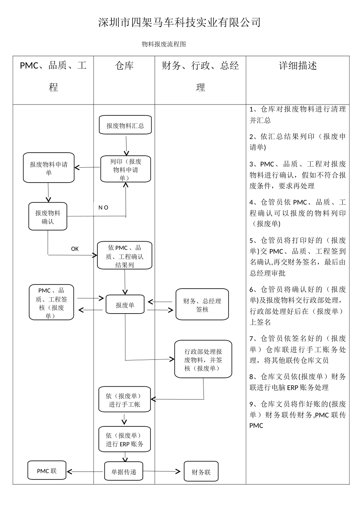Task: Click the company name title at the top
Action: coord(180,22)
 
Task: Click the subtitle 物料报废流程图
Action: coord(164,44)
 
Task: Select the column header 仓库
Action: coord(124,66)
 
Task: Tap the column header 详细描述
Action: coord(298,66)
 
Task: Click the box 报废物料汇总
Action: coord(125,125)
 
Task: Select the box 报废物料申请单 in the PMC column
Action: coord(49,168)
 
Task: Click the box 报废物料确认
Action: coord(48,217)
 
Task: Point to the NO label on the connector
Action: coord(103,208)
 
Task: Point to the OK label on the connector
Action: coord(75,249)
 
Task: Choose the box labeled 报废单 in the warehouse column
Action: coord(125,305)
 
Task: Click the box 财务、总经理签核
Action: coord(202,305)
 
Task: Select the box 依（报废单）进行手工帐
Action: coord(125,400)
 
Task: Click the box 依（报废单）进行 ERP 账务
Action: coord(125,440)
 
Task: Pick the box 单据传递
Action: coord(124,472)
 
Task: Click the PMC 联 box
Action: coord(47,471)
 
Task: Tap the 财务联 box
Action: coord(201,472)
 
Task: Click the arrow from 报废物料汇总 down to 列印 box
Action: coord(126,145)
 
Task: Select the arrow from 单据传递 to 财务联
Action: coord(162,472)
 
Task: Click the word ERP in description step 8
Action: coord(293,388)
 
